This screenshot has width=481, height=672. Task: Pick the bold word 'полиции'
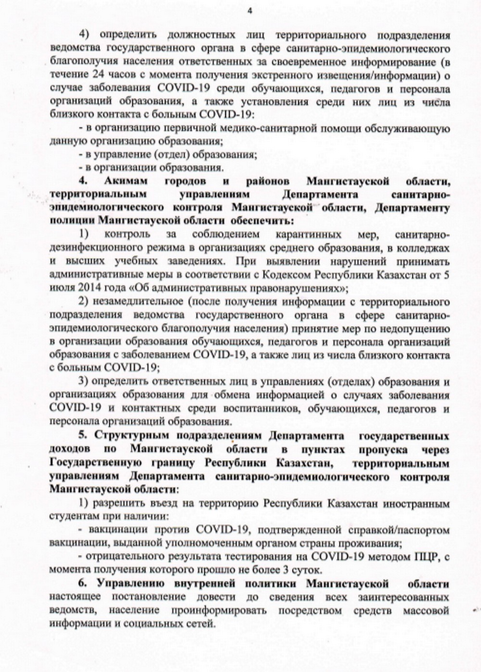(72, 221)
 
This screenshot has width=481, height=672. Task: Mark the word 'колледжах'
(426, 248)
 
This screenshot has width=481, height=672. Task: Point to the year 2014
(86, 288)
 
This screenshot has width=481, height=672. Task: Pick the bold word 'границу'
(174, 463)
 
